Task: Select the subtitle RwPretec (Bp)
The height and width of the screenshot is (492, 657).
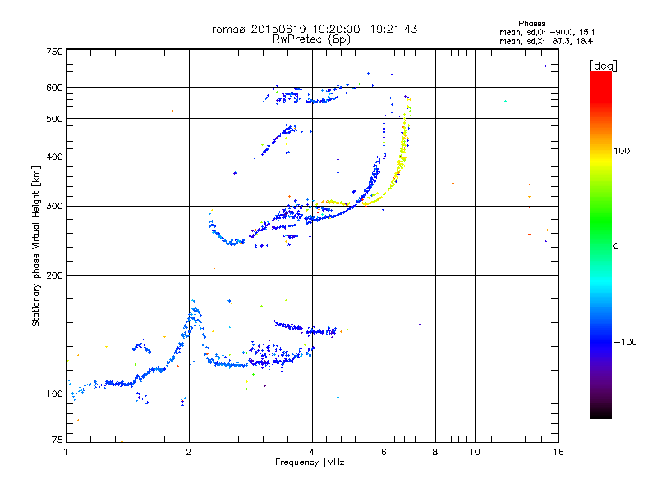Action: click(312, 39)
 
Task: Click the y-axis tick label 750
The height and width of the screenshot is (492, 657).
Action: click(54, 52)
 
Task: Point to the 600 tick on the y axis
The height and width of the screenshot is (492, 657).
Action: click(54, 88)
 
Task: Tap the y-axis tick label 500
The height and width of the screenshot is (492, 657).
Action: click(54, 119)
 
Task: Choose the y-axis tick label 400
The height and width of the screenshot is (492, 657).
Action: click(54, 157)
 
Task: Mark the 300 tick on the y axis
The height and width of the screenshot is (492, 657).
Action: click(54, 207)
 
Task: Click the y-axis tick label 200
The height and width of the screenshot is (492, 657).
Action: click(54, 276)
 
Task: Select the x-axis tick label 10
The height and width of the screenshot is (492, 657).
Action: click(474, 452)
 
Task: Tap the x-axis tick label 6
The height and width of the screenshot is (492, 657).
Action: click(384, 452)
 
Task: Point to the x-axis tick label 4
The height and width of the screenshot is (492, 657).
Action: click(312, 452)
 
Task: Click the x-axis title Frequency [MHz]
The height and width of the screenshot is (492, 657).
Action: click(312, 463)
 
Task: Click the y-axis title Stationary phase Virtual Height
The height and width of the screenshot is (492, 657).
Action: click(36, 246)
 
